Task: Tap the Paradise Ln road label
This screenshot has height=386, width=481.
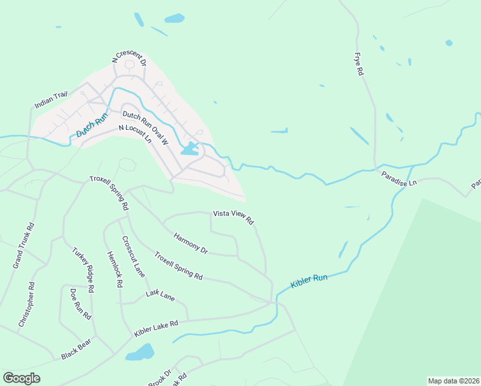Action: (399, 178)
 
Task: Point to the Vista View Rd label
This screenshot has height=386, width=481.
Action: (234, 217)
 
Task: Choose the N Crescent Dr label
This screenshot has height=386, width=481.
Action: (129, 60)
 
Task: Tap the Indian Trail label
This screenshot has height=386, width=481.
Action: (51, 100)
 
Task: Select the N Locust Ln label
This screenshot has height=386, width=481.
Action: (135, 133)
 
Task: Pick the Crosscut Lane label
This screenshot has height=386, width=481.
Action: (134, 257)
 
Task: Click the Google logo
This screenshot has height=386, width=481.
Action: (21, 378)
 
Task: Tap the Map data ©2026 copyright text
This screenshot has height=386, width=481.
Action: (453, 381)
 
